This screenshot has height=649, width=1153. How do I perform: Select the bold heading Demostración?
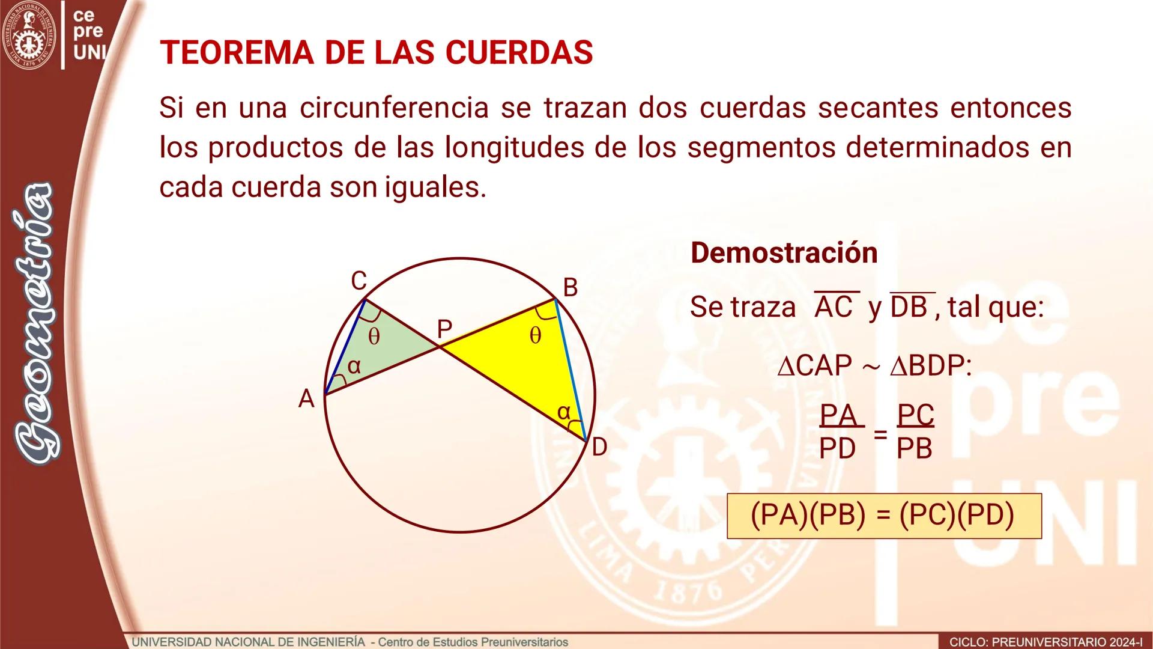(784, 252)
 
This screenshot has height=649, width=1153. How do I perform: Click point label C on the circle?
(359, 281)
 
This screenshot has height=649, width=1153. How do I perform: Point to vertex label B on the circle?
(570, 288)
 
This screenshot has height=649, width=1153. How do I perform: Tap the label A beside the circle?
(306, 399)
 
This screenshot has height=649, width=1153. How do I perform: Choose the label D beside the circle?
(599, 448)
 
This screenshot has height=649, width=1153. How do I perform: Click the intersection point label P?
(444, 329)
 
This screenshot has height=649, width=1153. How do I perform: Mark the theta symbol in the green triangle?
(374, 337)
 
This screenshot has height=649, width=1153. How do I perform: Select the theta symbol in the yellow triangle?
(535, 335)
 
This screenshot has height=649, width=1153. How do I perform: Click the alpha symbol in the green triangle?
(354, 366)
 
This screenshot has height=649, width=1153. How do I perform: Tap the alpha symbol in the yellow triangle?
(563, 412)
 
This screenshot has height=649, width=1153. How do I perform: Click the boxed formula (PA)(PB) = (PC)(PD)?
(883, 516)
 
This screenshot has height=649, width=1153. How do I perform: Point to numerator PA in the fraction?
(838, 415)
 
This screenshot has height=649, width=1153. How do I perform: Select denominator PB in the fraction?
(915, 449)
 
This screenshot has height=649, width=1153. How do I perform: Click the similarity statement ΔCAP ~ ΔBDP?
(874, 366)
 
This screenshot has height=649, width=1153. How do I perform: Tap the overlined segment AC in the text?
(834, 307)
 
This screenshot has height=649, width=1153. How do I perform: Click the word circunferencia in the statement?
(394, 108)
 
